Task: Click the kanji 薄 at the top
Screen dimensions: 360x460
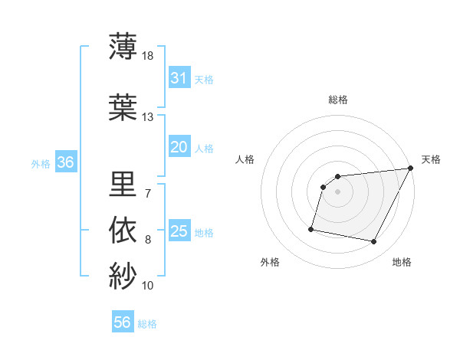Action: [123, 45]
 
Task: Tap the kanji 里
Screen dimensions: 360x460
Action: [123, 183]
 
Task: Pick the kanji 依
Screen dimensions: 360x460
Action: [123, 230]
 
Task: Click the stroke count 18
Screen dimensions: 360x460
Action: [147, 56]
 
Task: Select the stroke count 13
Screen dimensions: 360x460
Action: [147, 117]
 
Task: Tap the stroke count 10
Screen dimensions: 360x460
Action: [147, 286]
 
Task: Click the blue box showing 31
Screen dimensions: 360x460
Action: [179, 78]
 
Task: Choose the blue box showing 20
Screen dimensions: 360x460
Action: [179, 148]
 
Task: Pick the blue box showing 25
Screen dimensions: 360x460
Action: [179, 231]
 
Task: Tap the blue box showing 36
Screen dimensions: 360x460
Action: [65, 162]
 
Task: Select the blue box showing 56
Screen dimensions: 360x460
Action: [122, 322]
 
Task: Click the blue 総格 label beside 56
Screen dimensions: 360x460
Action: [147, 324]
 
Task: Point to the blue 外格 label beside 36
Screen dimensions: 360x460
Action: [41, 163]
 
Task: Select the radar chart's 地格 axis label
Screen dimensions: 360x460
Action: [402, 262]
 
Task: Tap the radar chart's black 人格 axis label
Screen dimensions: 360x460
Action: [245, 159]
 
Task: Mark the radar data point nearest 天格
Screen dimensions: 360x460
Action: [410, 169]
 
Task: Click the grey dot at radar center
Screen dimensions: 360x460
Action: [337, 191]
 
